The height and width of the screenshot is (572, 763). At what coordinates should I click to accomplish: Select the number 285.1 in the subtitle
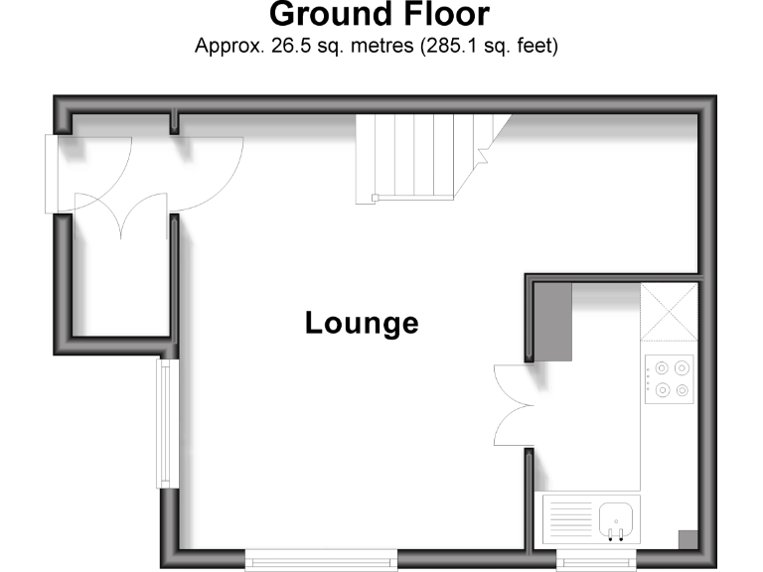pyautogui.click(x=456, y=46)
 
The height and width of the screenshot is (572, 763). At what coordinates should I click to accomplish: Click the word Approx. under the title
pyautogui.click(x=227, y=47)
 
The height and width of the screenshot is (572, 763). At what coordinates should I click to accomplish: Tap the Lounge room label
pyautogui.click(x=362, y=323)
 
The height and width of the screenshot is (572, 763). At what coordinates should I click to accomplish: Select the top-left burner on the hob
pyautogui.click(x=659, y=365)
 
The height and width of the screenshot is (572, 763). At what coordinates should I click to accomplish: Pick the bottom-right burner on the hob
pyautogui.click(x=683, y=389)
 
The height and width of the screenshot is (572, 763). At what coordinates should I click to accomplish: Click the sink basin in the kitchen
pyautogui.click(x=617, y=517)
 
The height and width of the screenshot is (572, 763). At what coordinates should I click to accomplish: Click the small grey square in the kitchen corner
pyautogui.click(x=687, y=538)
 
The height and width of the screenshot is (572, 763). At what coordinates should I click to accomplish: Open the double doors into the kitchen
pyautogui.click(x=515, y=407)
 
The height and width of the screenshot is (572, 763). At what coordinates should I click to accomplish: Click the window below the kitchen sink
pyautogui.click(x=596, y=561)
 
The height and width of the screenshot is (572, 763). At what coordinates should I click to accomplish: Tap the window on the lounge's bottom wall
pyautogui.click(x=321, y=561)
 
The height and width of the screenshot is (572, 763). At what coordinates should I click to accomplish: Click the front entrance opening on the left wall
pyautogui.click(x=53, y=173)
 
